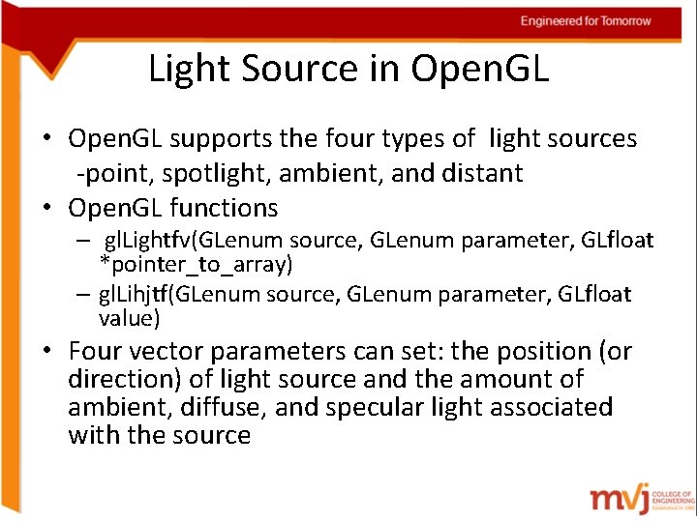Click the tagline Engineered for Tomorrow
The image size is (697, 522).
pos(586,21)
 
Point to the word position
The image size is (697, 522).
pos(546,351)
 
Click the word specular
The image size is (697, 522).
pos(376,408)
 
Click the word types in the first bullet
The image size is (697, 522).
pos(401,139)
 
